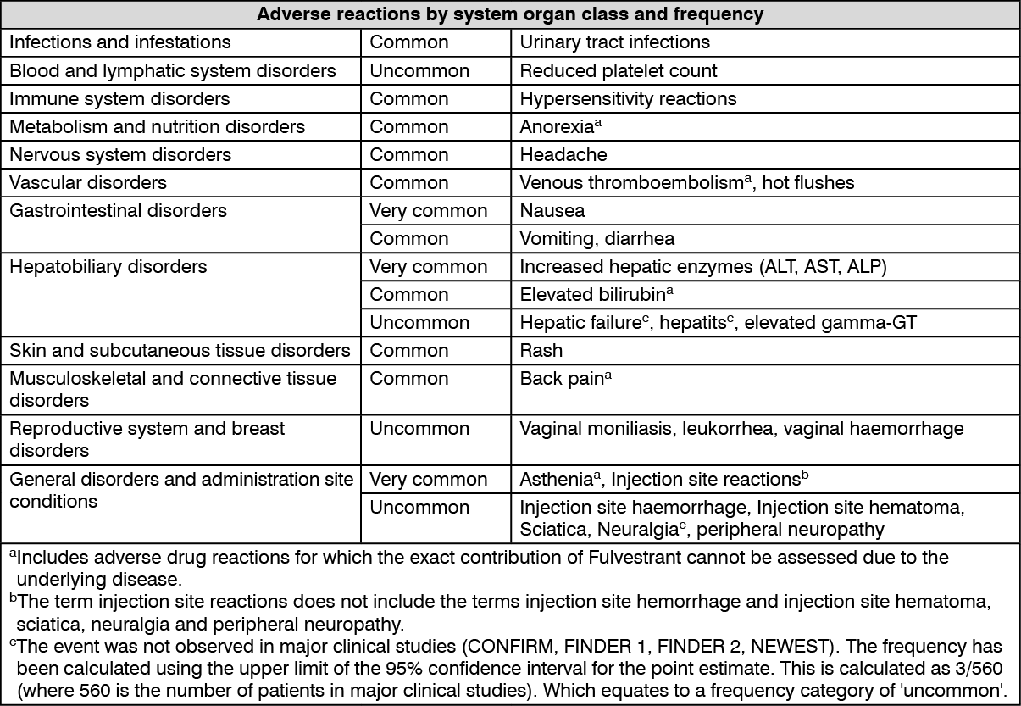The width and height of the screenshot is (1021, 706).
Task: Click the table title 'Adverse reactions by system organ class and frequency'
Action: pyautogui.click(x=510, y=14)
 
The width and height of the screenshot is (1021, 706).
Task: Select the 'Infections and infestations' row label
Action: pyautogui.click(x=120, y=42)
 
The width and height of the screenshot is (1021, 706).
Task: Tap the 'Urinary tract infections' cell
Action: pyautogui.click(x=615, y=42)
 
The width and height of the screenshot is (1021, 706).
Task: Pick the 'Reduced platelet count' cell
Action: pyautogui.click(x=619, y=70)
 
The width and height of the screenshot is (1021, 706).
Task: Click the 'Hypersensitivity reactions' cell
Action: pyautogui.click(x=628, y=98)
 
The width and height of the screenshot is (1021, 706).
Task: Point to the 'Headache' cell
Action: pyautogui.click(x=563, y=154)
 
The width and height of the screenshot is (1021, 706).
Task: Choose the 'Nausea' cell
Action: pyautogui.click(x=552, y=210)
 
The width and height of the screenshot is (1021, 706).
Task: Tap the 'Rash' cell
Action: pyautogui.click(x=541, y=350)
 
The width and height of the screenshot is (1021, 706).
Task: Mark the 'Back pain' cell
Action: pyautogui.click(x=562, y=378)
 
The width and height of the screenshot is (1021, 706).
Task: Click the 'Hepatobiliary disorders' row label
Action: pyautogui.click(x=108, y=267)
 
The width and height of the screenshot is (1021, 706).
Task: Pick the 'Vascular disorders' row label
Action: pyautogui.click(x=88, y=182)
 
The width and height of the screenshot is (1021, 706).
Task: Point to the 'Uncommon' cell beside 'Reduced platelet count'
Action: pyautogui.click(x=419, y=70)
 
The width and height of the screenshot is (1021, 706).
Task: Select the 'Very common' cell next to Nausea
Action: pyautogui.click(x=429, y=210)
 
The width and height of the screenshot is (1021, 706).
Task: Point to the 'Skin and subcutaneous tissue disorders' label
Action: pyautogui.click(x=180, y=350)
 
